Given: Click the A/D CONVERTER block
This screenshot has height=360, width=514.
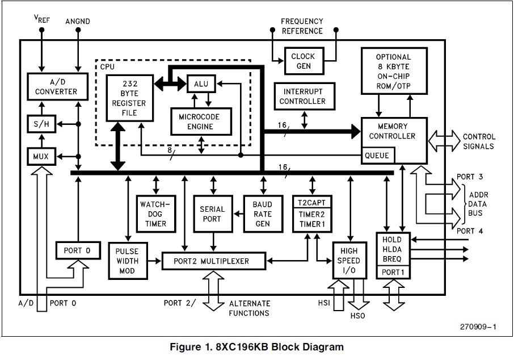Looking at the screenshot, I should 56,86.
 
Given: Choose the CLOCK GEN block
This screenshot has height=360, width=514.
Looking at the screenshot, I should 303,61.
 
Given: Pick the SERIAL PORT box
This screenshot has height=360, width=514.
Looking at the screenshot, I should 212,213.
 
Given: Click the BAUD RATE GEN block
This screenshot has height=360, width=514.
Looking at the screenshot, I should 262,213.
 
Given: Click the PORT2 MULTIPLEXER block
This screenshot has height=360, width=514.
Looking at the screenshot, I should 213,261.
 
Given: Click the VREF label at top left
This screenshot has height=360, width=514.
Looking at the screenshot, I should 41,19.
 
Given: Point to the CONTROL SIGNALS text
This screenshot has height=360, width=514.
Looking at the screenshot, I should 479,141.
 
